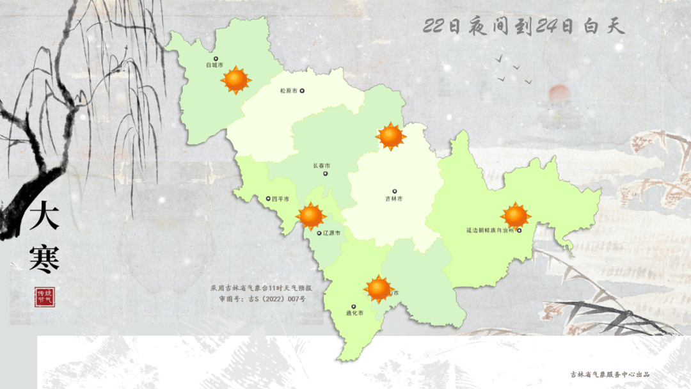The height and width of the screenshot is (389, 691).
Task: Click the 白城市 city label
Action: pos(214,65)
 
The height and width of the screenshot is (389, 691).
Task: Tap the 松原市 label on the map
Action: pos(289,91)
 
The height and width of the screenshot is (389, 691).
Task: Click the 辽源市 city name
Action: pos(332,233)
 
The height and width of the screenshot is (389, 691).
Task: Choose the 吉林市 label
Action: pos(394,199)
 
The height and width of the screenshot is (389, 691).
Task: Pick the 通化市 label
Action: pos(354,314)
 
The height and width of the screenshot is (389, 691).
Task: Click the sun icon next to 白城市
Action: pos(236,80)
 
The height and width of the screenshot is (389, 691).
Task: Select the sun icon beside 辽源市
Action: pos(312,216)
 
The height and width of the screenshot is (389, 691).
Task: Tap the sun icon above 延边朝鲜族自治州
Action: pos(515,216)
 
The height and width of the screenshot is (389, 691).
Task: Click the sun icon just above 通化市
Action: pos(378,289)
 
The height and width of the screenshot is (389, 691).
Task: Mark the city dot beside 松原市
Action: pos(303,91)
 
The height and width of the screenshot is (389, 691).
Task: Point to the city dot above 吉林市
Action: pos(394,191)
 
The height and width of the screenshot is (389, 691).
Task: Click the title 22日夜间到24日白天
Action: pos(523,26)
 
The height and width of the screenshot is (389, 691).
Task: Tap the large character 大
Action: pos(44,216)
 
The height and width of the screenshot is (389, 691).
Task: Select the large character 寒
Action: pos(44,258)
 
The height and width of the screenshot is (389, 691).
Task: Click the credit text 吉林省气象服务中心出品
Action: pos(610,374)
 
